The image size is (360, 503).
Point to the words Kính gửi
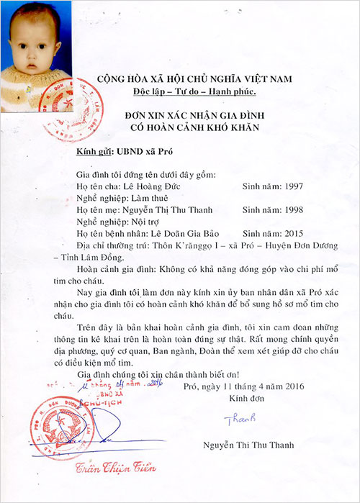pos(90,151)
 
